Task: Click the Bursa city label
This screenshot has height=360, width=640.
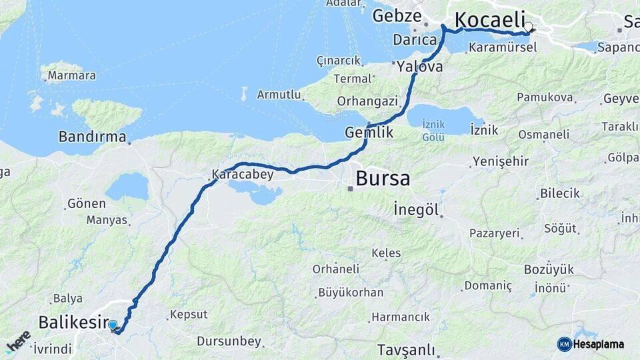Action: [x=383, y=179]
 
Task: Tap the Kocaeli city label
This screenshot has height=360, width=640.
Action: [x=489, y=20]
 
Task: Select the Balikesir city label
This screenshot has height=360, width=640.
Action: [x=73, y=323]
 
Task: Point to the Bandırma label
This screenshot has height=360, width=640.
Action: [x=92, y=137]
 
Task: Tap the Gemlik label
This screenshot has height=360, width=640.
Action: [x=369, y=133]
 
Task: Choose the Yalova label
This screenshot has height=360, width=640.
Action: [x=419, y=67]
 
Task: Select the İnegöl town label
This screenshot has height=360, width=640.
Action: [x=416, y=209]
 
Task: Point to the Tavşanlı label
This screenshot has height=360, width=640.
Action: [x=406, y=350]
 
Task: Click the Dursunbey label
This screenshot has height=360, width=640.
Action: [x=229, y=341]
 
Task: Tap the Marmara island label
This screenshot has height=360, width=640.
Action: [x=71, y=75]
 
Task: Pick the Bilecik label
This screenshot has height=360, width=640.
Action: [x=560, y=193]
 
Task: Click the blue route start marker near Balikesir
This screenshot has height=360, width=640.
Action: [x=113, y=325]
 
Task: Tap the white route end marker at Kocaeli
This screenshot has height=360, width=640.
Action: [x=529, y=28]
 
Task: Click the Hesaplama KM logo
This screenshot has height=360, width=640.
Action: [x=591, y=344]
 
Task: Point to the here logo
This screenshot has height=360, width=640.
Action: [x=18, y=342]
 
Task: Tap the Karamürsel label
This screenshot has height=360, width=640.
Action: [x=503, y=48]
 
